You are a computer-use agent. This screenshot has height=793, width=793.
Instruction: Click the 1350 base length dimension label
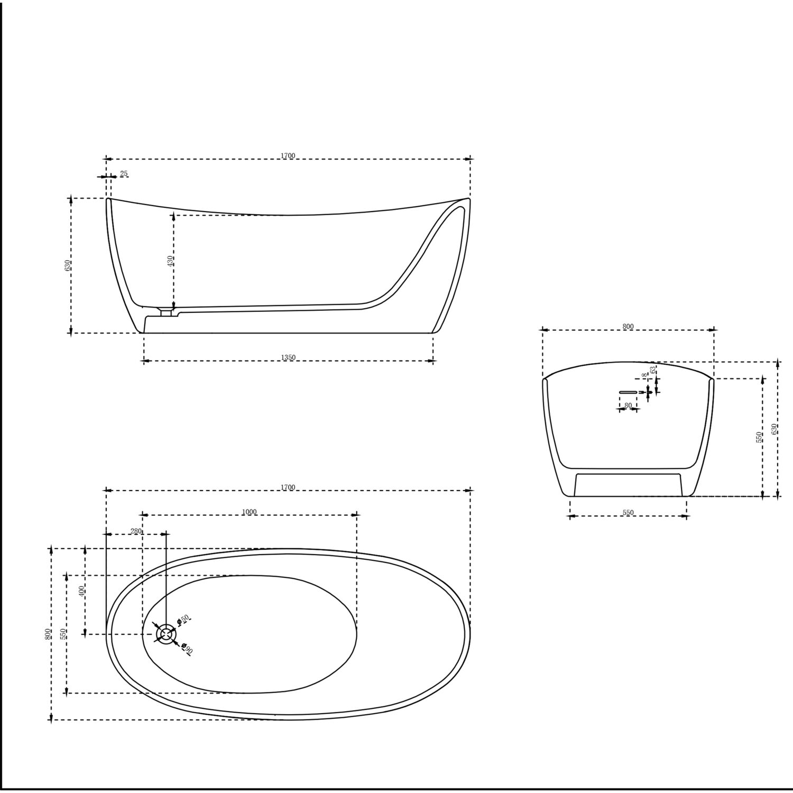tap(288, 357)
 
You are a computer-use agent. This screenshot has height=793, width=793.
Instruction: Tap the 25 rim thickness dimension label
tap(124, 173)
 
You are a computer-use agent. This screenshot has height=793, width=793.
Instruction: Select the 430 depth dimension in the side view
tap(170, 261)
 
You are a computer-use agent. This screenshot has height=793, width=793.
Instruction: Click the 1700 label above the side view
tap(288, 156)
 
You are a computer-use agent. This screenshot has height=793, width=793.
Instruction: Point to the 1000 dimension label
tap(249, 512)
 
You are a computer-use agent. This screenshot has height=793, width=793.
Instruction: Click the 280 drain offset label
tap(136, 531)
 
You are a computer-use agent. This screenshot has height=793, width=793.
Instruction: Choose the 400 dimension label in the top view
tap(81, 591)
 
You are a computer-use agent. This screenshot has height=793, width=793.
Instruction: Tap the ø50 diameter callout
tap(183, 620)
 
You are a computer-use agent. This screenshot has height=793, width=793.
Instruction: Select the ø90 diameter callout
tap(187, 649)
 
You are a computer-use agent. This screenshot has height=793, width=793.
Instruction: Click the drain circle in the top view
tap(167, 633)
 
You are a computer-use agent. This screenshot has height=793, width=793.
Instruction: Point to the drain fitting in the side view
tap(167, 312)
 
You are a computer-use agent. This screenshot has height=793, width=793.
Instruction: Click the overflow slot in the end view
tap(628, 392)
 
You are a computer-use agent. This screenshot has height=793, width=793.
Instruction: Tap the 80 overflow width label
tap(628, 405)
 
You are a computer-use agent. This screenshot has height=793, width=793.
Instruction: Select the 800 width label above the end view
tap(628, 327)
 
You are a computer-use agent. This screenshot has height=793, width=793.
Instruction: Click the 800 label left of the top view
tap(48, 633)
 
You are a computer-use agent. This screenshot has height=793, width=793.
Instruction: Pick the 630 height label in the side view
tap(68, 265)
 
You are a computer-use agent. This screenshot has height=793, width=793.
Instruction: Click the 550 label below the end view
tap(628, 513)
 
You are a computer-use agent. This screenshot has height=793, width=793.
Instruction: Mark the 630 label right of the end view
tap(774, 429)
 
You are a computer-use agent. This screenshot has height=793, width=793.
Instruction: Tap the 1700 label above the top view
tap(288, 487)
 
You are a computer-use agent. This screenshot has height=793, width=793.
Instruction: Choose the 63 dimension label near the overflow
tap(653, 370)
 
